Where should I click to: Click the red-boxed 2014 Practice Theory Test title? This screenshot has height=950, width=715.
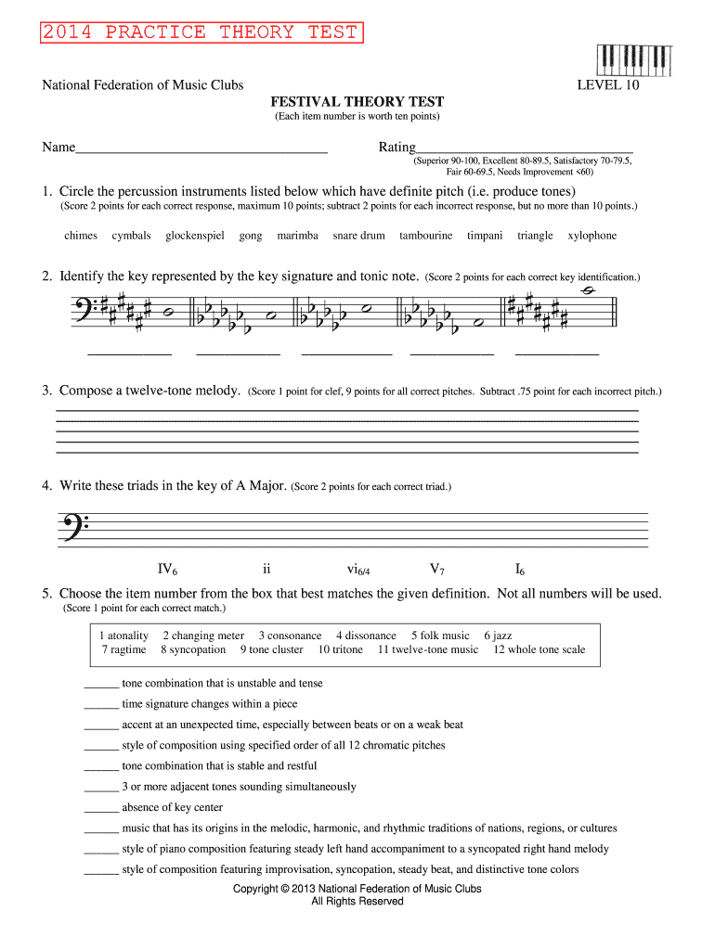point(200,33)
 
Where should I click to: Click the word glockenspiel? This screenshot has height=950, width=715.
point(195,236)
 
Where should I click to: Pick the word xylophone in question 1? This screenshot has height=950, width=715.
point(591,236)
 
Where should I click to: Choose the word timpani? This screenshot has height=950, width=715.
point(485,236)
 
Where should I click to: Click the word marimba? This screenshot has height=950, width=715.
point(297,236)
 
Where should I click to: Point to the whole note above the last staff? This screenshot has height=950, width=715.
point(587,290)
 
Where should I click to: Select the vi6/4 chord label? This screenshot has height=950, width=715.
point(352,570)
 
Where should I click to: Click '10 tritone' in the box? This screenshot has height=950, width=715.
point(340,649)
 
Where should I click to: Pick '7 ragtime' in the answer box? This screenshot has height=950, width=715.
point(123,649)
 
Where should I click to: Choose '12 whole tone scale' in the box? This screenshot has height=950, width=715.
point(539,649)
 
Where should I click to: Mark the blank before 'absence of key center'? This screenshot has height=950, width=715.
point(101,808)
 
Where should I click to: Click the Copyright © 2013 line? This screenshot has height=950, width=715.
point(357,889)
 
